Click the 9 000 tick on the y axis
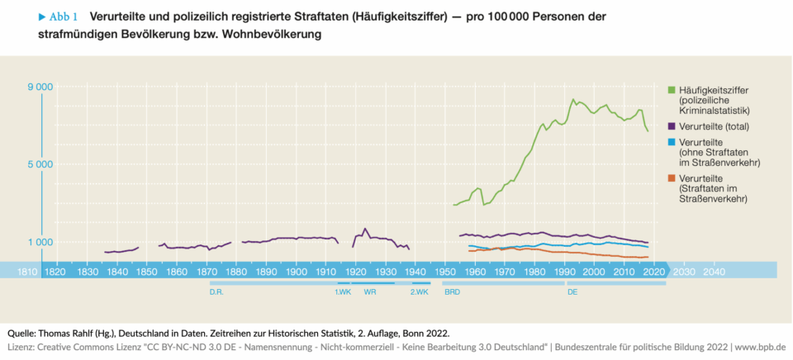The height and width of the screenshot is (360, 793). click(x=39, y=87)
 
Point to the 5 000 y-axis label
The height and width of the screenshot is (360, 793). click(x=39, y=164)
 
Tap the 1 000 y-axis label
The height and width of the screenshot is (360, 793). click(x=39, y=242)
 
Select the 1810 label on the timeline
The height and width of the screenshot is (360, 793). click(x=26, y=271)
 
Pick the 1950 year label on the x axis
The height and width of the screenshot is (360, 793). click(x=445, y=271)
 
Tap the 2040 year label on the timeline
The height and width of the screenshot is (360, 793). click(x=714, y=271)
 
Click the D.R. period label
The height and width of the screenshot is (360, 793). click(x=217, y=292)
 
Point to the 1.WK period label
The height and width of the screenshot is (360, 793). click(x=343, y=292)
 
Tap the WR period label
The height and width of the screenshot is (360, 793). click(x=370, y=292)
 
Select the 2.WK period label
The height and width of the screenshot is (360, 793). click(x=419, y=292)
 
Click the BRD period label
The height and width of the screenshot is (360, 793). click(x=452, y=292)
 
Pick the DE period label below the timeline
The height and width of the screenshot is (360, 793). click(x=572, y=292)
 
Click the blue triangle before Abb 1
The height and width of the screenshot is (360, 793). click(x=42, y=16)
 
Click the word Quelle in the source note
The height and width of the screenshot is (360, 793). click(x=22, y=333)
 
